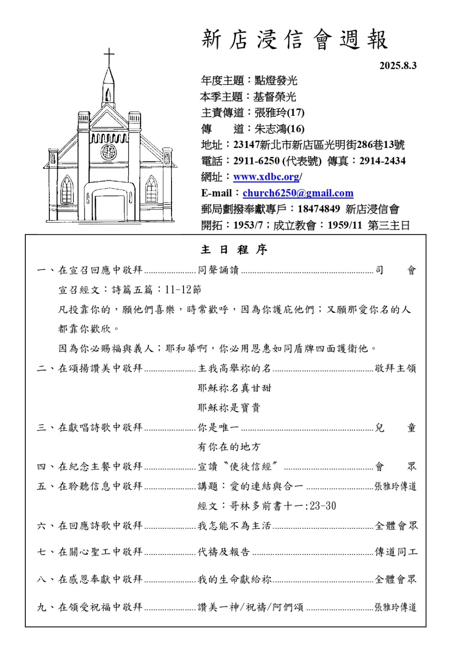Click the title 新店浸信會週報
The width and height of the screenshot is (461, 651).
pyautogui.click(x=295, y=40)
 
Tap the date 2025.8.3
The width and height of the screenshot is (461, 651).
pyautogui.click(x=398, y=66)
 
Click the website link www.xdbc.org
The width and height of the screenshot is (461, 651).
pyautogui.click(x=266, y=177)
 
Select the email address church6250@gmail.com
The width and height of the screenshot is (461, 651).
pyautogui.click(x=298, y=193)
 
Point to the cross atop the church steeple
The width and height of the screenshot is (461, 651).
pyautogui.click(x=109, y=57)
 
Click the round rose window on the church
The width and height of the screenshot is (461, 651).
pyautogui.click(x=109, y=152)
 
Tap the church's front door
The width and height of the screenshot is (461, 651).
pyautogui.click(x=109, y=207)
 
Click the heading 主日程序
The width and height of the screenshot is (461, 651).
pyautogui.click(x=234, y=250)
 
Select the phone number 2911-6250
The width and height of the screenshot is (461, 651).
pyautogui.click(x=256, y=161)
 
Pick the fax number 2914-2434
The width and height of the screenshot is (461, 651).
pyautogui.click(x=382, y=161)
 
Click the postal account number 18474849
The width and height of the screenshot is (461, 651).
pyautogui.click(x=319, y=209)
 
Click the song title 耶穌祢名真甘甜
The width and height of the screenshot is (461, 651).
pyautogui.click(x=234, y=388)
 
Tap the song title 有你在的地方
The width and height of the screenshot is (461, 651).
pyautogui.click(x=229, y=447)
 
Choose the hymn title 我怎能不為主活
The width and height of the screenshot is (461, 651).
pyautogui.click(x=234, y=526)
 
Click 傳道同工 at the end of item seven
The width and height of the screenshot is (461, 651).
pyautogui.click(x=396, y=552)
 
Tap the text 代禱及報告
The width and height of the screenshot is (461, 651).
pyautogui.click(x=224, y=552)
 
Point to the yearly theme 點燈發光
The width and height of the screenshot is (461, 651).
pyautogui.click(x=276, y=81)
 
